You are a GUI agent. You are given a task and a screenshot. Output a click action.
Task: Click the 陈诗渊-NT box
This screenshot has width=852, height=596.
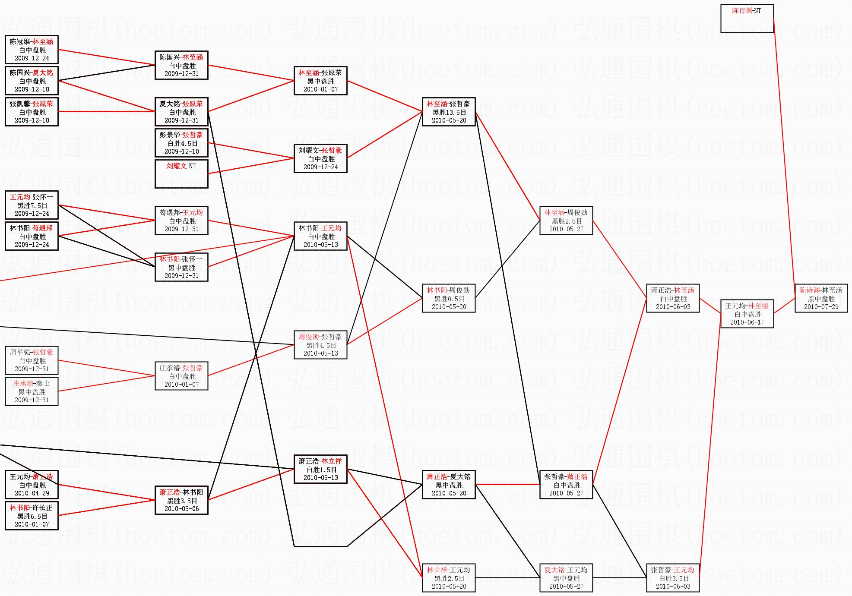[747, 19]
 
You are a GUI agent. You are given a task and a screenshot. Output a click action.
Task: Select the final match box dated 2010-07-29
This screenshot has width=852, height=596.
[821, 298]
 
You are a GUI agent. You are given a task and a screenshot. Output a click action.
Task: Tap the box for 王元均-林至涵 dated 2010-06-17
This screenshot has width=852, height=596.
[747, 314]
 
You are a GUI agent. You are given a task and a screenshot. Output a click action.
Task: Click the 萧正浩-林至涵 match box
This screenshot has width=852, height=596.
[672, 298]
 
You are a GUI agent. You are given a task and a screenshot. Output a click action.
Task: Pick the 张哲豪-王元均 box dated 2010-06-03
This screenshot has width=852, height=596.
[672, 578]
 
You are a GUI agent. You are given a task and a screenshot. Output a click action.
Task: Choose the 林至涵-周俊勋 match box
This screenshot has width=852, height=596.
[566, 221]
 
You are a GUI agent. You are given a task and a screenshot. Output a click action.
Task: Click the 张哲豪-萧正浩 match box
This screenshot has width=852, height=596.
[566, 485]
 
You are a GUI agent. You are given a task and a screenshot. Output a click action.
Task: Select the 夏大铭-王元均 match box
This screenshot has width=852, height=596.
[566, 578]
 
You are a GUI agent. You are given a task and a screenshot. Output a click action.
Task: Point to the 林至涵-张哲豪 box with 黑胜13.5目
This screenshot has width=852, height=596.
[449, 112]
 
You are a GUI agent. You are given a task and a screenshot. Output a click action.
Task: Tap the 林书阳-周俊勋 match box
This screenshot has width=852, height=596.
[449, 298]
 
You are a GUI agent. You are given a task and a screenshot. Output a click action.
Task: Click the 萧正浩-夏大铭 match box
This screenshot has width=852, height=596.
[449, 485]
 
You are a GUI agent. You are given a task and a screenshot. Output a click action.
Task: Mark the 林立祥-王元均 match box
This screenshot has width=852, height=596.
[449, 578]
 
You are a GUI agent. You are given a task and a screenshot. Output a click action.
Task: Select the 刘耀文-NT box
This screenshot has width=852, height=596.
[181, 174]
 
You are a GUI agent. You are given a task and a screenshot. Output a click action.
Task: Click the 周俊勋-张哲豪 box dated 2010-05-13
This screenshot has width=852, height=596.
[320, 345]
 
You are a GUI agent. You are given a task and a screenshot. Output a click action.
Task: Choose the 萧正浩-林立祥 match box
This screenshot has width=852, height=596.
[320, 469]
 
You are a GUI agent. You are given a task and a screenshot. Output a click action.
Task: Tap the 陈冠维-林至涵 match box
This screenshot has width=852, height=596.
[32, 50]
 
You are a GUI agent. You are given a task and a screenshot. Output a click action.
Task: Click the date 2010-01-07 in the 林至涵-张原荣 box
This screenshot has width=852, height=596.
[320, 89]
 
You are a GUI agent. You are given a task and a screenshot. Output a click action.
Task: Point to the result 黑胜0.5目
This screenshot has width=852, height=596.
[449, 299]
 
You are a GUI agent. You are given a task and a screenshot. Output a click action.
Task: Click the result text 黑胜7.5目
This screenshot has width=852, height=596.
[32, 205]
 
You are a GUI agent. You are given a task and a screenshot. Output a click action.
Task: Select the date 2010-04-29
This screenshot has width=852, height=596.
[32, 493]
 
